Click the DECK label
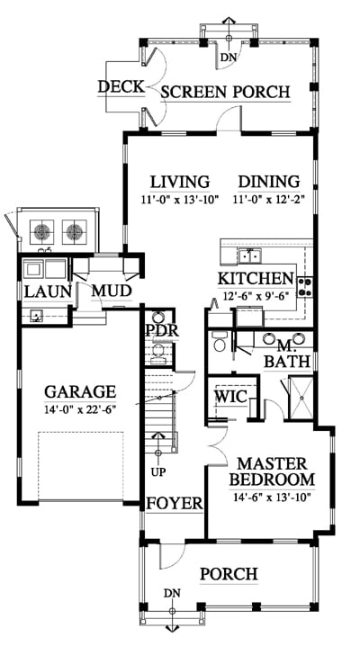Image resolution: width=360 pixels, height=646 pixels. [121, 87]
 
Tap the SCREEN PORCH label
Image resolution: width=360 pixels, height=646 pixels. [225, 92]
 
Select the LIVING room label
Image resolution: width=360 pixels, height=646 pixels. [180, 182]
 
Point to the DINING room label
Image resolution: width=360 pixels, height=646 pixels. [269, 182]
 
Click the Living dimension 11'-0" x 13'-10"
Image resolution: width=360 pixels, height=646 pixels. [179, 201]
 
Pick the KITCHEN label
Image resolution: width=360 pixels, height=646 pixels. [256, 279]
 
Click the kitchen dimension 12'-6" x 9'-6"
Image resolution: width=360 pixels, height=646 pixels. [256, 295]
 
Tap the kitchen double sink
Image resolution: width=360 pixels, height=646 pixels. [250, 257]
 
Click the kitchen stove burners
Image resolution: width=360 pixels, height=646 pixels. [306, 287]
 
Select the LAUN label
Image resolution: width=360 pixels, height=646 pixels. [48, 292]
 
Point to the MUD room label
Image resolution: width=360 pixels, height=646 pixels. [112, 291]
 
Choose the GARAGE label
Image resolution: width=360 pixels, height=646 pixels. [80, 391]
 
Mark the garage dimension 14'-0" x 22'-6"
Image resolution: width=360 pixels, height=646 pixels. [81, 410]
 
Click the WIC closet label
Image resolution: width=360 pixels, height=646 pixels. [231, 397]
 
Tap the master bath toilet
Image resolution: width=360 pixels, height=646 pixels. [219, 342]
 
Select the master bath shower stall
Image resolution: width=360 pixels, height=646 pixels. [301, 398]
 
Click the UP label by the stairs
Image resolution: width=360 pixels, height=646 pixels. [158, 472]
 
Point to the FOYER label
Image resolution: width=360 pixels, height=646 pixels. [175, 503]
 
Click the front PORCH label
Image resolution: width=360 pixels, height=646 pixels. [229, 574]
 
